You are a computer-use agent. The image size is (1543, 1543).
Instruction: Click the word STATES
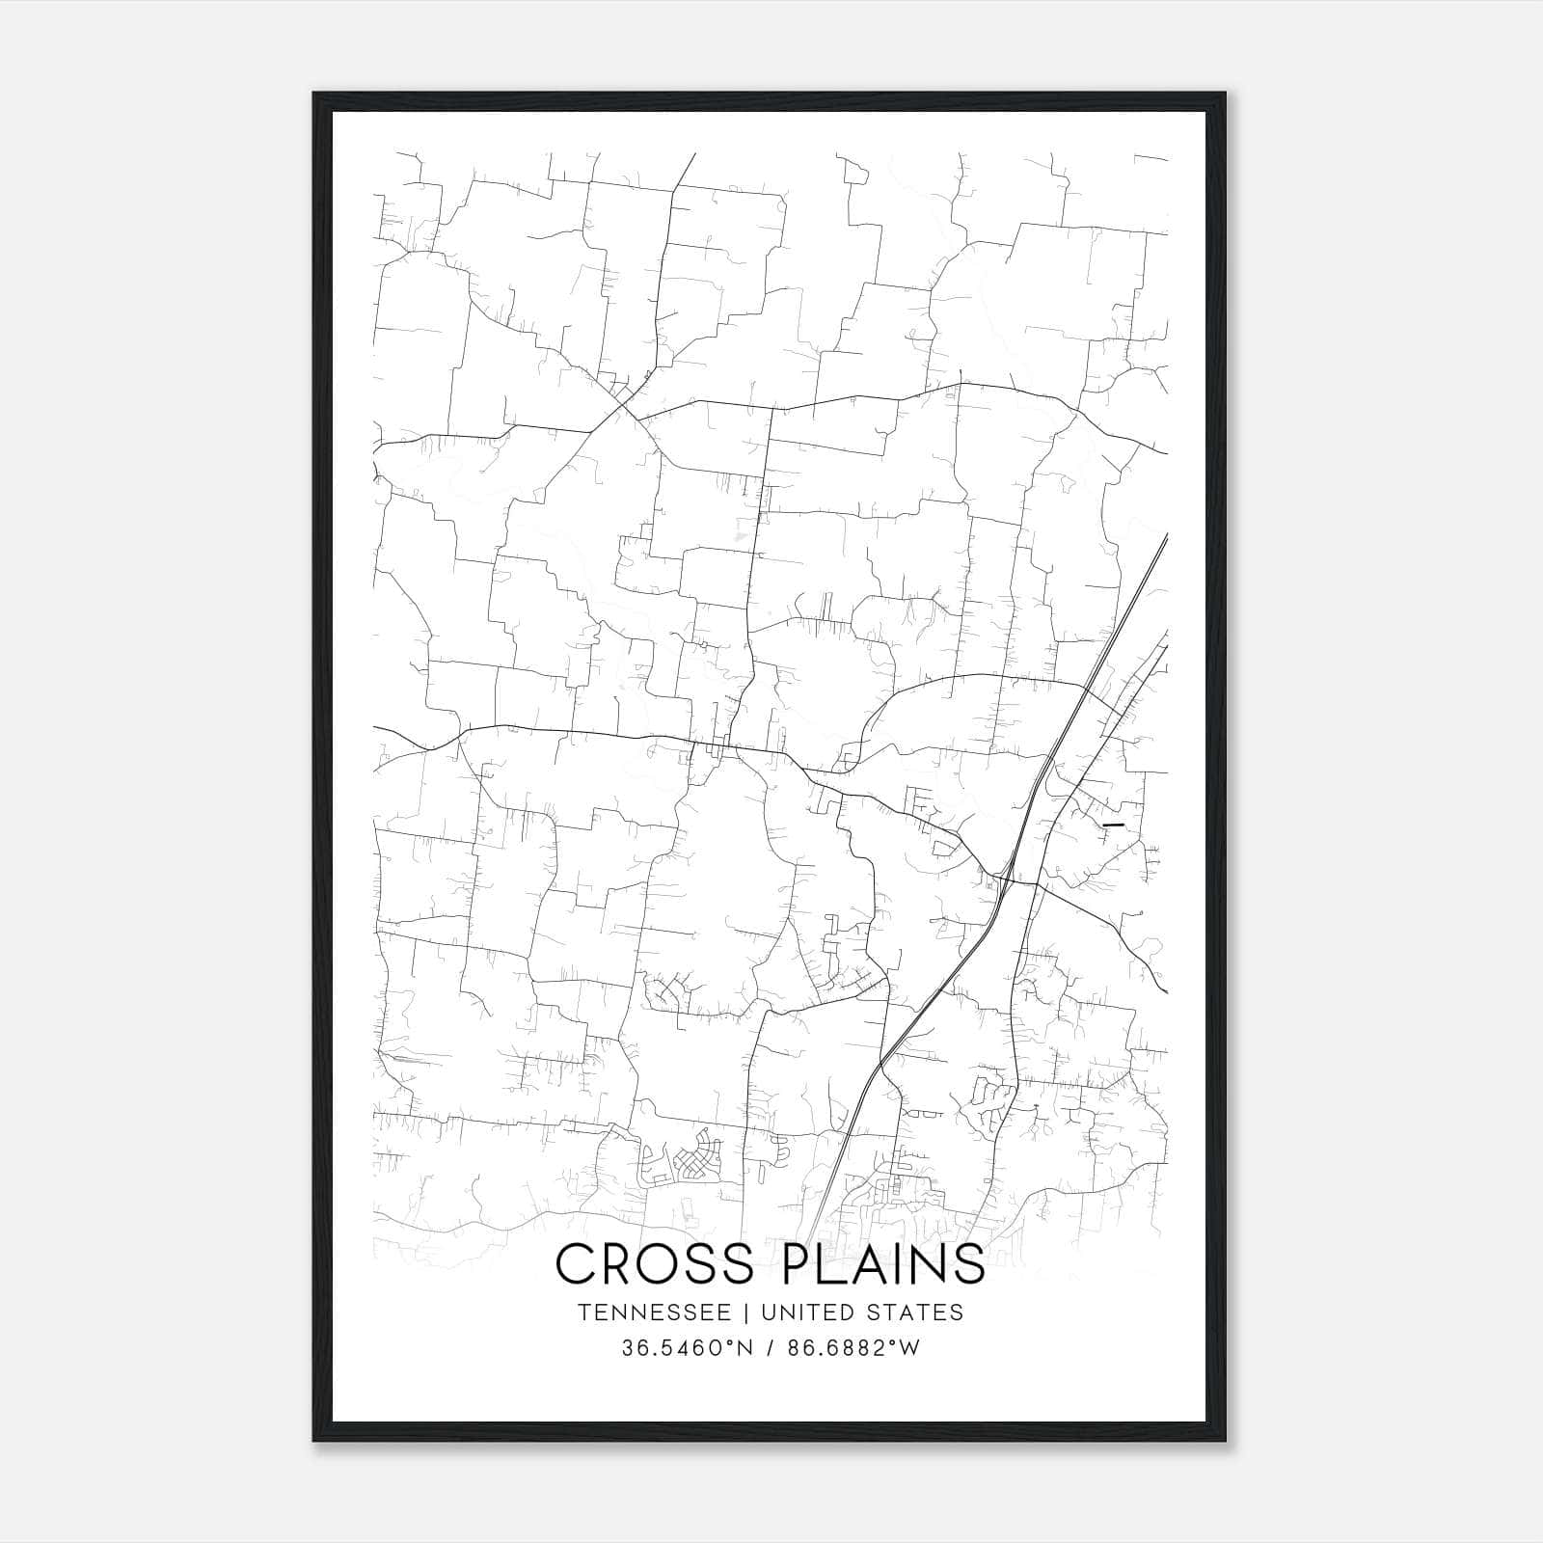point(912,1313)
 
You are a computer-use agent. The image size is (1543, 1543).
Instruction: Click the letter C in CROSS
point(575,1263)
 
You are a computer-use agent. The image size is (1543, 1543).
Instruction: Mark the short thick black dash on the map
point(1113,826)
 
